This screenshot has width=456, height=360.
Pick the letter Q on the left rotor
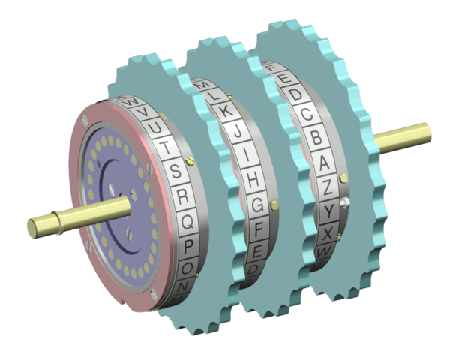click(188, 222)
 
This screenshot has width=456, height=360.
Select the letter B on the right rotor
click(317, 138)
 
